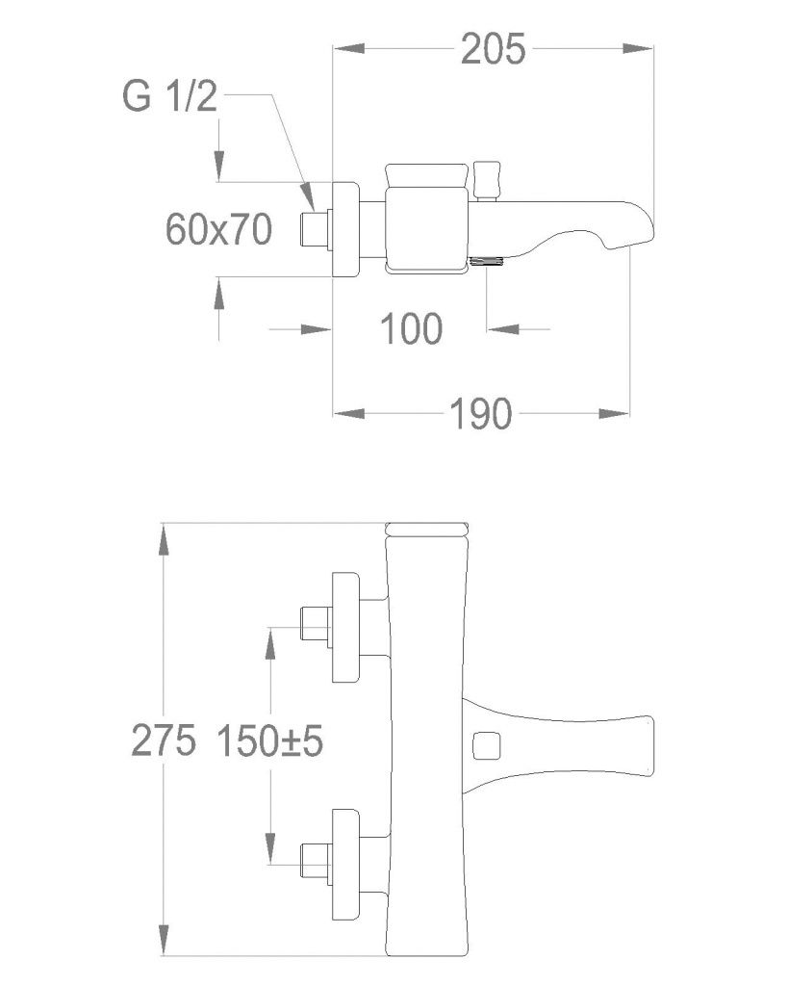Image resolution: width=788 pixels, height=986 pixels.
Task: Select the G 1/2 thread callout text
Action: coord(170,98)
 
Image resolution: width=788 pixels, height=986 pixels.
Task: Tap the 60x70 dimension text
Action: coord(218,229)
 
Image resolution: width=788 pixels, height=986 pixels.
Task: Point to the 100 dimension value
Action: coord(411,329)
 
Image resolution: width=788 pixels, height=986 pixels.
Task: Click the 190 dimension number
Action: coord(478,414)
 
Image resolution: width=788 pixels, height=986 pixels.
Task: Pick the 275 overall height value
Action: coord(165,740)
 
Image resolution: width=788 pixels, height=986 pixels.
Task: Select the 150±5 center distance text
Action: coord(268,740)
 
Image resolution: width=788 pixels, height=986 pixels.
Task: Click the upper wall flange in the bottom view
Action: coord(345,628)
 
